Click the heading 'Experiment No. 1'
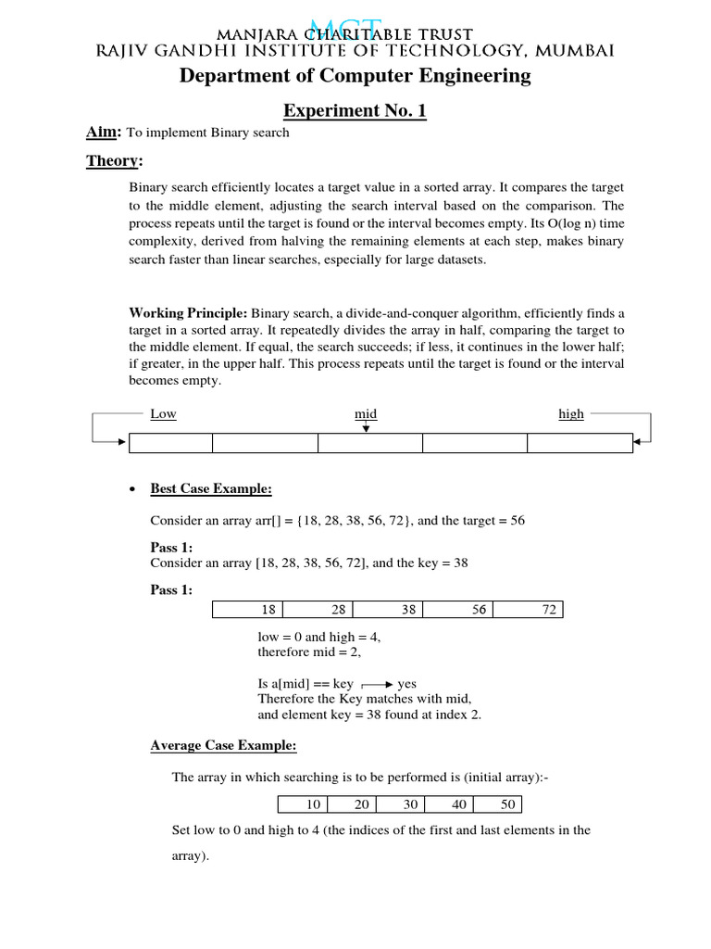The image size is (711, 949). [x=355, y=111]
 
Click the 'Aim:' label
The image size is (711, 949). [x=105, y=133]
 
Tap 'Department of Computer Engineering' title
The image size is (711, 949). [x=355, y=76]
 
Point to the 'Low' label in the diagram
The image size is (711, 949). [x=163, y=413]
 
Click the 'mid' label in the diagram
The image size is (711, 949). [x=367, y=413]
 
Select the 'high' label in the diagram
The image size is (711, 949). [x=571, y=413]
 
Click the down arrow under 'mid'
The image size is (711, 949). [x=367, y=427]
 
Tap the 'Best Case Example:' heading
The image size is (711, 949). [x=211, y=488]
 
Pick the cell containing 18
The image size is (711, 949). [x=248, y=610]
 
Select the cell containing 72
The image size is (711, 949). [x=528, y=610]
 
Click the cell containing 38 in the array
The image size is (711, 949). [x=388, y=610]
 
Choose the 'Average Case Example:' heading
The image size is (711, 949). [x=223, y=744]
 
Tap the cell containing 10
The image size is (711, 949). [x=303, y=804]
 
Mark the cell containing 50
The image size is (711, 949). [x=498, y=804]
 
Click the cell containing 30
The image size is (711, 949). [x=401, y=804]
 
